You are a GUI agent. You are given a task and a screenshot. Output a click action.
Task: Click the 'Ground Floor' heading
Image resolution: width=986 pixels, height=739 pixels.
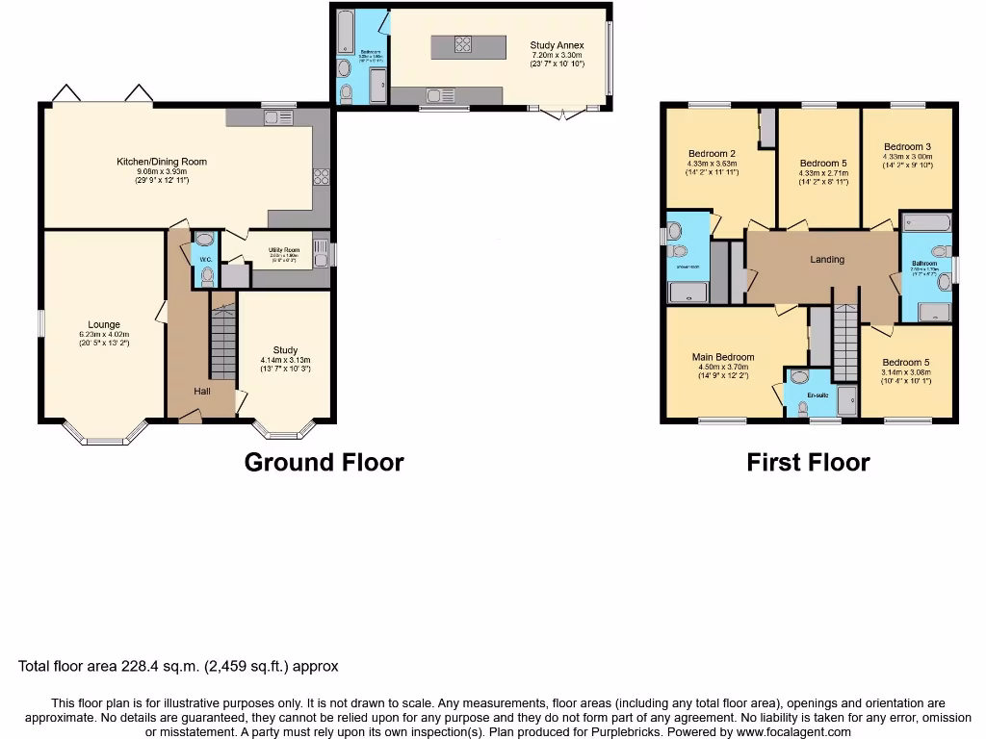click(x=324, y=463)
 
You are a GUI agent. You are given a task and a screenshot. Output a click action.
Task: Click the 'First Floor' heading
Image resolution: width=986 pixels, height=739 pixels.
click(x=808, y=463)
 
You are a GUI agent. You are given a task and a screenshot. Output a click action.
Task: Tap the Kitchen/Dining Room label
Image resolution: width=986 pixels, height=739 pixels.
click(x=162, y=162)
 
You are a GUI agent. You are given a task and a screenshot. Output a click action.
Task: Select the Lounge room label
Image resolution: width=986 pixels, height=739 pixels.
click(x=104, y=324)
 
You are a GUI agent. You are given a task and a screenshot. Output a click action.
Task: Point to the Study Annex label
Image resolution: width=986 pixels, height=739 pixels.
click(x=557, y=45)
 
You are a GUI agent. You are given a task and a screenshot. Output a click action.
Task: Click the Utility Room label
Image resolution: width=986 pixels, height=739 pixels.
click(x=284, y=250)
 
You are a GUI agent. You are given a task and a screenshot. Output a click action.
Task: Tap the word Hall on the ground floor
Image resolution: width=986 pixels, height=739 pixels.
click(x=202, y=391)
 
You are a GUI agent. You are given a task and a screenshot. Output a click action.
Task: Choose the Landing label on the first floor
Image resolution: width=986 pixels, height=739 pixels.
click(x=826, y=259)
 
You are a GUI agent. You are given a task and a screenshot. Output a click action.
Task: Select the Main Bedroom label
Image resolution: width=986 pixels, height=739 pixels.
click(x=723, y=357)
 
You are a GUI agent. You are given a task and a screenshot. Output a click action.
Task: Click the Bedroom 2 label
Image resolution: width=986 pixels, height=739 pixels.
click(x=712, y=154)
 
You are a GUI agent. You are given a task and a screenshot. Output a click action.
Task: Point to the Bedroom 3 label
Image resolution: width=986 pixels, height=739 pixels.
click(x=907, y=147)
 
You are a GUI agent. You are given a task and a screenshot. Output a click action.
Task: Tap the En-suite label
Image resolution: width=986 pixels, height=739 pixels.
click(x=817, y=395)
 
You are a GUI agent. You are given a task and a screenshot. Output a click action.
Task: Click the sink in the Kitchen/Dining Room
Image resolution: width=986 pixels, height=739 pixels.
click(x=280, y=118)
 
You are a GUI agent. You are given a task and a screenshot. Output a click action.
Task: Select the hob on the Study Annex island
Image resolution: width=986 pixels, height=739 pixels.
click(x=462, y=44)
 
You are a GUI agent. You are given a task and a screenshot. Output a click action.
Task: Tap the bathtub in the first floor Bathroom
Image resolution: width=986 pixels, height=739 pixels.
click(x=925, y=222)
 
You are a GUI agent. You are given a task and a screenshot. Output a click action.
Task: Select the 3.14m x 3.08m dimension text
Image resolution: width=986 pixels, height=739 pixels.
click(x=907, y=372)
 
